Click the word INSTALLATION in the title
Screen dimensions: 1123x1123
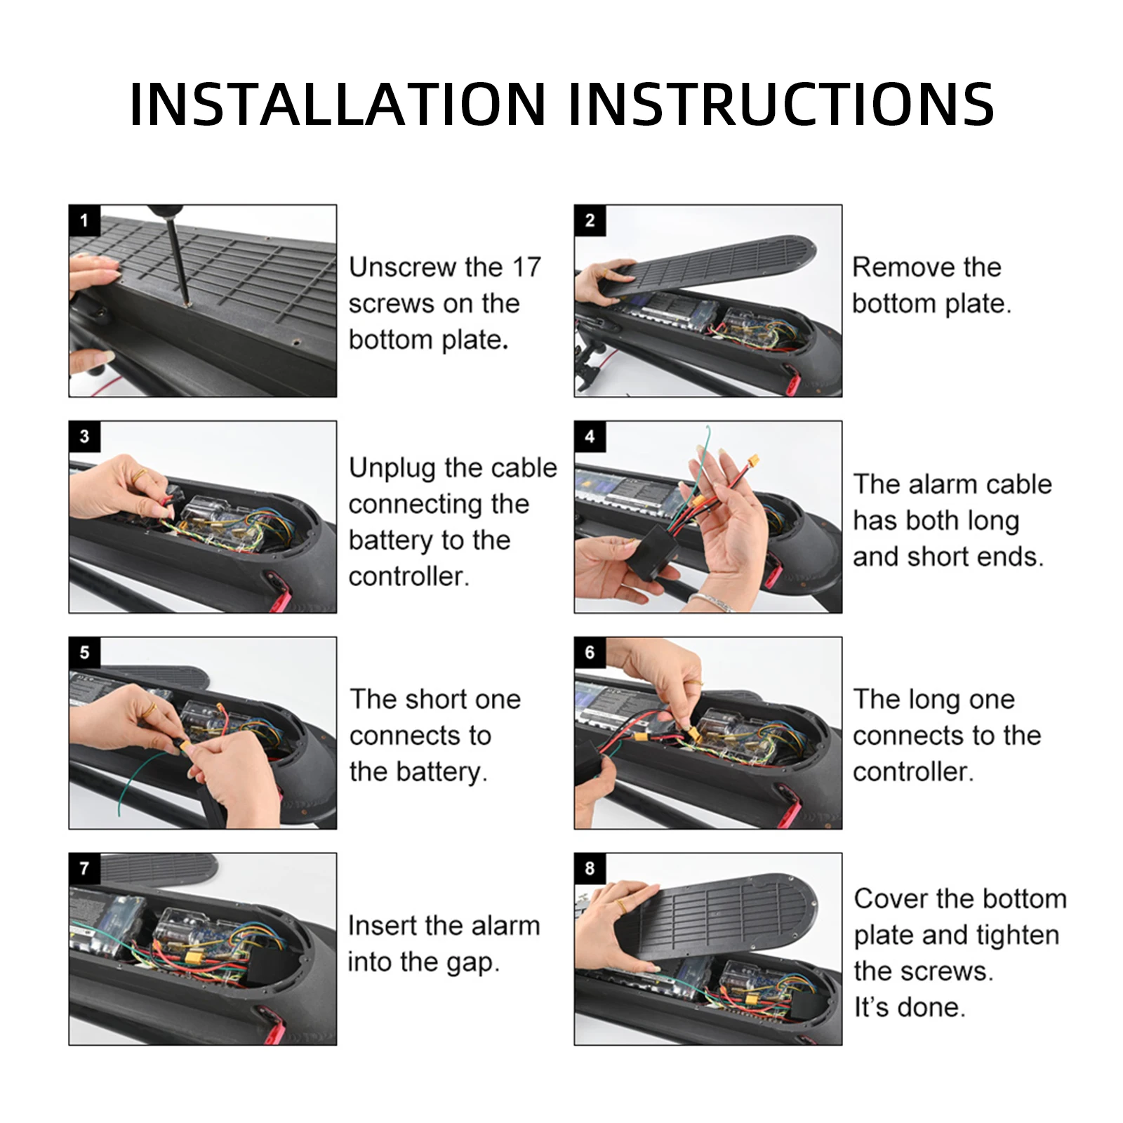pyautogui.click(x=338, y=104)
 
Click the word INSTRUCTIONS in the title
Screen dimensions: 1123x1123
pyautogui.click(x=781, y=104)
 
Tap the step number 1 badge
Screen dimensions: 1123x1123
pyautogui.click(x=84, y=220)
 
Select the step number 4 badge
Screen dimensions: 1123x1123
pyautogui.click(x=590, y=437)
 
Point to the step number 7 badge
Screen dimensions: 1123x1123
pyautogui.click(x=84, y=868)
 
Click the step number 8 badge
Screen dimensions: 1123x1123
pyautogui.click(x=590, y=868)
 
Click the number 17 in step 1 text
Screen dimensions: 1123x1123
pyautogui.click(x=526, y=267)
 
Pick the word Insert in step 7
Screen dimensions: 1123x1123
pyautogui.click(x=380, y=926)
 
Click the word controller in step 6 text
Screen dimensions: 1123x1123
pyautogui.click(x=912, y=773)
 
